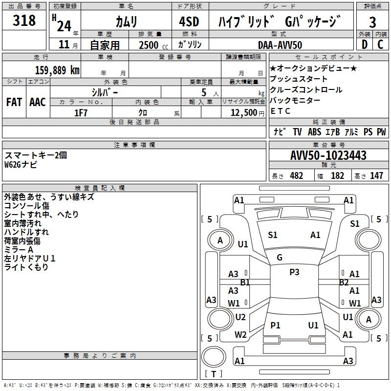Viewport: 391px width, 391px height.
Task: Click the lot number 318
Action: coord(24,21)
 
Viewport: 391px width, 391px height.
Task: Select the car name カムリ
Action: coord(126,22)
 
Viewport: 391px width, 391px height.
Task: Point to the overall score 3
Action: coord(372,22)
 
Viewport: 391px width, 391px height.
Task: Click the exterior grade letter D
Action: coord(364,44)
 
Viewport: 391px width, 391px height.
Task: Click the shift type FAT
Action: coord(14,102)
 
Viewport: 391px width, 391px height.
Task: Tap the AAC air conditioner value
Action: coord(38,102)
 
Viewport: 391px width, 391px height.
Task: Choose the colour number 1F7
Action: coord(81,112)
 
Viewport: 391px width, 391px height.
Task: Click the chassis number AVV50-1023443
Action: coord(328,155)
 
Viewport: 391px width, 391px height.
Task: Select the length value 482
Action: coord(296,175)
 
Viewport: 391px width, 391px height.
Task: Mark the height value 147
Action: coord(376,175)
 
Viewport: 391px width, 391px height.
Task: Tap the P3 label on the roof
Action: coord(294,272)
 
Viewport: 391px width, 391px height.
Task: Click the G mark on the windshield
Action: coord(280,257)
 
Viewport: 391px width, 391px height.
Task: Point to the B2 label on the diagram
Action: coord(344,282)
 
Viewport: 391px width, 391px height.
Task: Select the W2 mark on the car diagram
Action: coord(240,335)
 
